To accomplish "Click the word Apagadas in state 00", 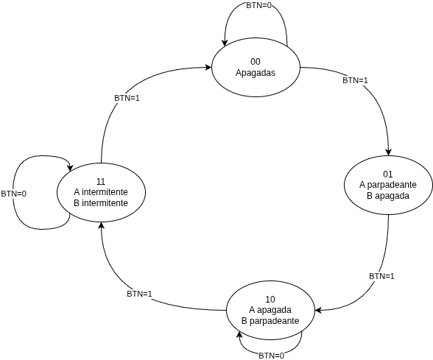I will (x=256, y=72).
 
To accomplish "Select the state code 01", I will (x=388, y=174).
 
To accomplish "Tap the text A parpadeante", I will (x=388, y=185).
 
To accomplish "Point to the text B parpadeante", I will (x=270, y=321).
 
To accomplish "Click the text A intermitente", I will (x=102, y=191).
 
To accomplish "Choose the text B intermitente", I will (x=102, y=202).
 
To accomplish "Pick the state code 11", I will (x=102, y=180).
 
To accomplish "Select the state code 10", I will (x=270, y=299).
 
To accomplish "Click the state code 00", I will (x=256, y=61).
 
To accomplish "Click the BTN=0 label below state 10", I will (x=272, y=356).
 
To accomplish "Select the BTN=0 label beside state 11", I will (x=13, y=194).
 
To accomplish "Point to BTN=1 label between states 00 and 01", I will (x=356, y=80).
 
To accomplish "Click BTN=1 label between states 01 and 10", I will (x=381, y=276).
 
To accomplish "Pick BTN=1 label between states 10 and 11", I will (x=139, y=294).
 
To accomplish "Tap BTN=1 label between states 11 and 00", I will (x=127, y=97).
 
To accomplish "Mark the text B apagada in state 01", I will (x=388, y=196).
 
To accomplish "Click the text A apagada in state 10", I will (x=270, y=310).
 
